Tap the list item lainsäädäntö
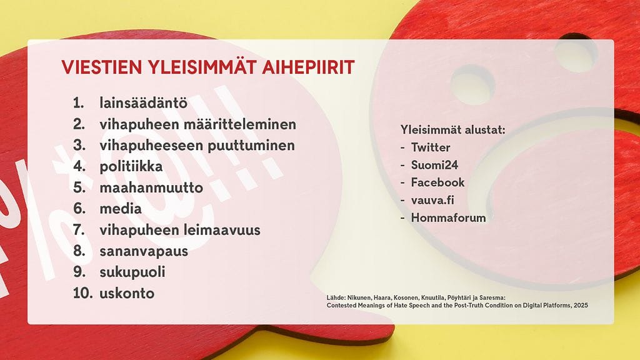(143, 103)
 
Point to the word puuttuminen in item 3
(255, 146)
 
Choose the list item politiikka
(131, 167)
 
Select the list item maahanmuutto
(151, 187)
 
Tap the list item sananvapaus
(144, 251)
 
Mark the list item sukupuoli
(132, 272)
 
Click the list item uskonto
(127, 293)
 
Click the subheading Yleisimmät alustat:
(452, 130)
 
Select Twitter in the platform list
(431, 147)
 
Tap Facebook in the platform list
(437, 182)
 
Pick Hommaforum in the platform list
(448, 217)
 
